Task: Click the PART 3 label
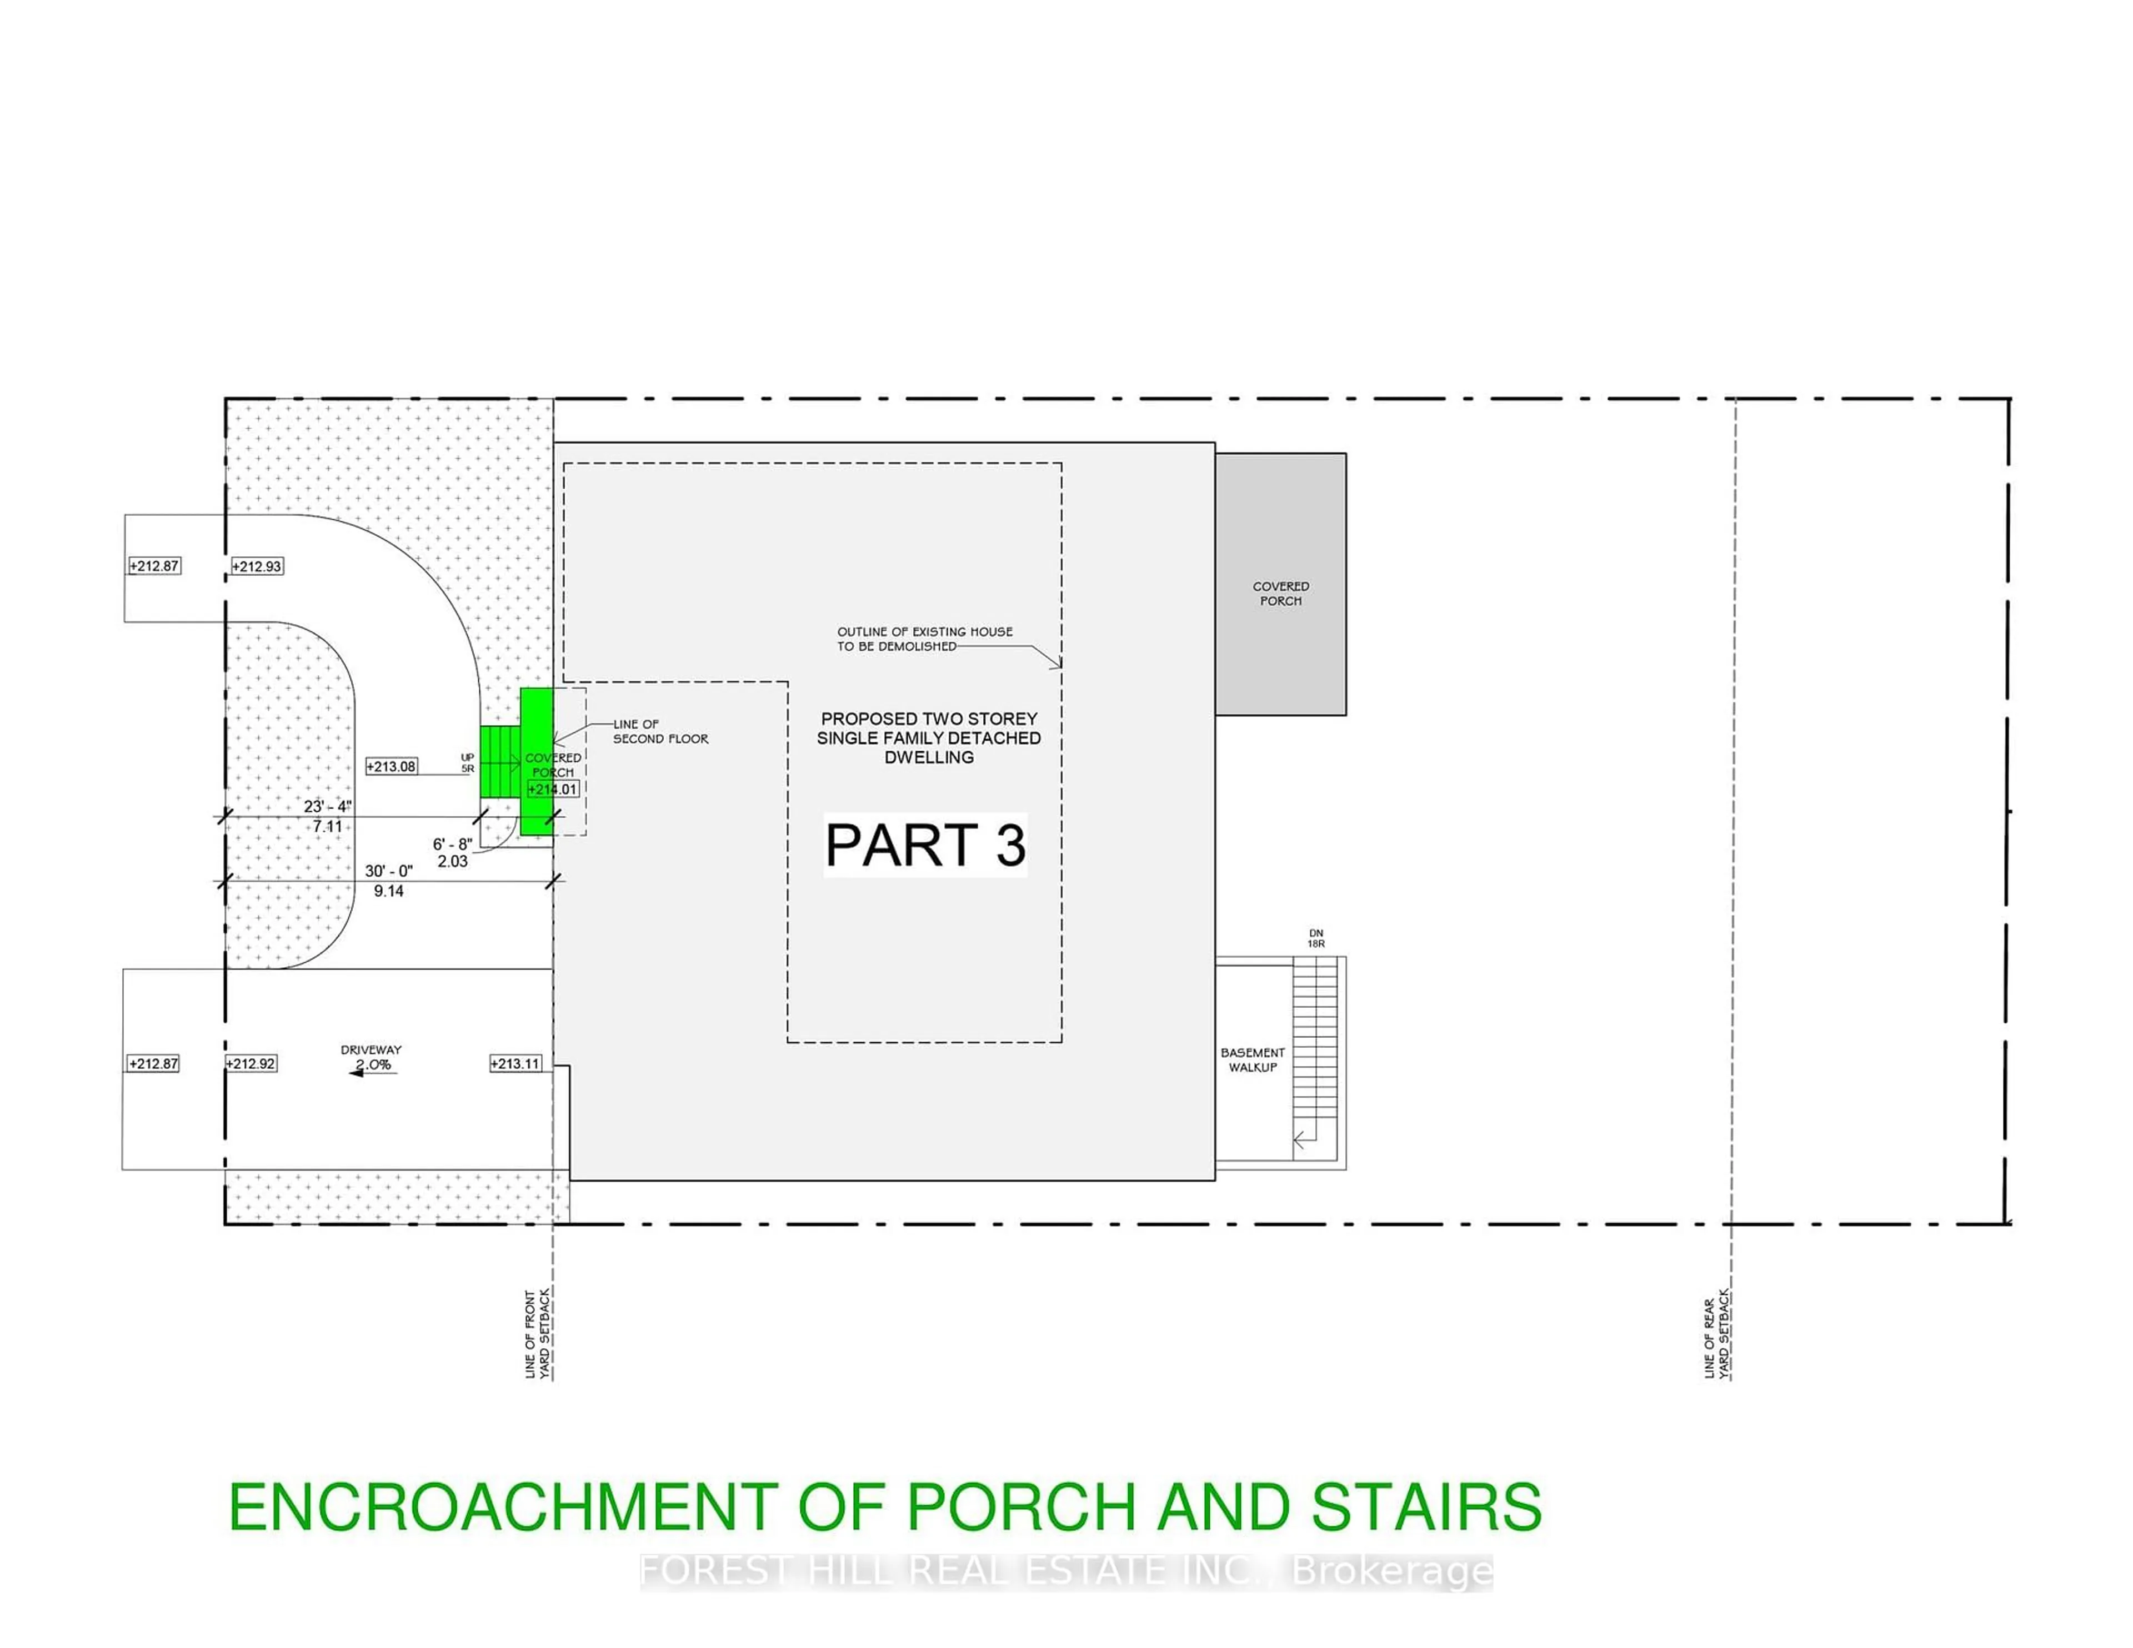[925, 845]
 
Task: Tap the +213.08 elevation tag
[392, 766]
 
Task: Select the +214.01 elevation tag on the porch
[553, 789]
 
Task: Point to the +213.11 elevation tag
[515, 1063]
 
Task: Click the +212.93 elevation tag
[257, 566]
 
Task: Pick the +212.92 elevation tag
[251, 1063]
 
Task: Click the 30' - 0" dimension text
[389, 871]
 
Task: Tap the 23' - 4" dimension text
[327, 806]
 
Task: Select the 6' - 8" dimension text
[452, 843]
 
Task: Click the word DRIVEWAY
[371, 1049]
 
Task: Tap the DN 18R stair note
[1315, 938]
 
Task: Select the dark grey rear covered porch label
[1280, 594]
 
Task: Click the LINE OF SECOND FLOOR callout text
[660, 731]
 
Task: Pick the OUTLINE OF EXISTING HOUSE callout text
[924, 639]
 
